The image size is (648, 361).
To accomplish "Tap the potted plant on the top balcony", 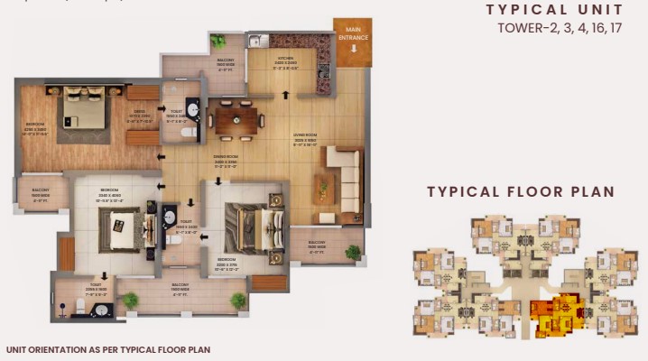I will [218, 41].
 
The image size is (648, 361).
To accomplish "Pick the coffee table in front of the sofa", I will [322, 189].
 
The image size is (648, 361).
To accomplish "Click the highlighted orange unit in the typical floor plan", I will [550, 314].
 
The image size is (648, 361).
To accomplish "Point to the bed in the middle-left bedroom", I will [119, 231].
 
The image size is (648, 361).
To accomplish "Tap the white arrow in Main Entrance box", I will [351, 52].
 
